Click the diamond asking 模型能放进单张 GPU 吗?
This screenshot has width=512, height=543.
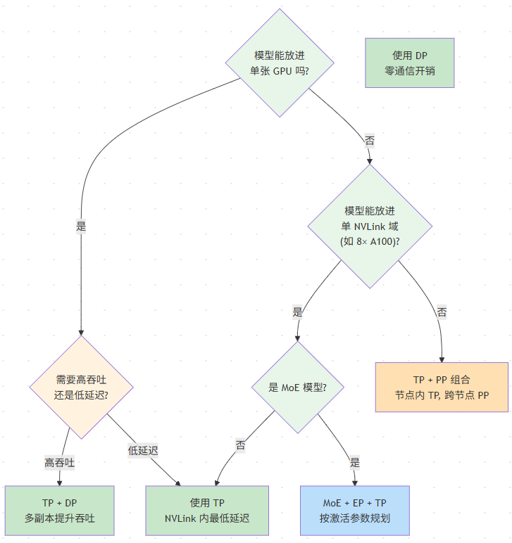(x=280, y=63)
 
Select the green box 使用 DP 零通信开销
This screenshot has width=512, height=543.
(x=409, y=63)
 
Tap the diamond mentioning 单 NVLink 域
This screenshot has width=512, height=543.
(x=370, y=226)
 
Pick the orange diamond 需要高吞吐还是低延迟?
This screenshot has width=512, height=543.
(x=81, y=387)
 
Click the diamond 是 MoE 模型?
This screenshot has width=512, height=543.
(x=297, y=387)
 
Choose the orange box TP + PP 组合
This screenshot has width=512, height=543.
(x=442, y=387)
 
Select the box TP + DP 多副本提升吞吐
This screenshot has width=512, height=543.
(x=59, y=511)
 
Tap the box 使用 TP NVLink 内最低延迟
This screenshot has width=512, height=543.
(x=207, y=511)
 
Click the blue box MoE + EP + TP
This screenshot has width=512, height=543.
(x=355, y=511)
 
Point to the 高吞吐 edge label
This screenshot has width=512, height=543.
(x=59, y=463)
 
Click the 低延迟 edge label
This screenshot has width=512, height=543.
(x=143, y=451)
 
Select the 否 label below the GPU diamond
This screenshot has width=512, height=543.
(x=370, y=141)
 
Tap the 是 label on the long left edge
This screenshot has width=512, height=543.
(x=81, y=226)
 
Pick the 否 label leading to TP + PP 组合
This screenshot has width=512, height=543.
(x=442, y=312)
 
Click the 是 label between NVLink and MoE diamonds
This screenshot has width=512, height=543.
(x=297, y=312)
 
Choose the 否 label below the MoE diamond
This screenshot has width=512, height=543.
(x=241, y=445)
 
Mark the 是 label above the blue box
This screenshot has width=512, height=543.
(x=355, y=462)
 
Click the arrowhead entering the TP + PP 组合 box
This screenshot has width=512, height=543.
(x=442, y=360)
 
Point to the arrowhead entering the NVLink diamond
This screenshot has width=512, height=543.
(x=370, y=162)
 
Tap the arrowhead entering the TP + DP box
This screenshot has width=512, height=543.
(x=59, y=483)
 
